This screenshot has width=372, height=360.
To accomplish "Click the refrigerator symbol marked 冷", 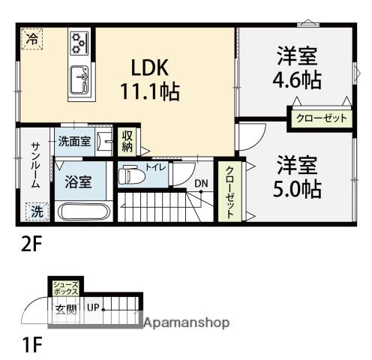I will click(31, 38).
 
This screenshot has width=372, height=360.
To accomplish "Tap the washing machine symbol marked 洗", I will click(35, 212).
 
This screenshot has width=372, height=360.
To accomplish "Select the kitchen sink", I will click(79, 76).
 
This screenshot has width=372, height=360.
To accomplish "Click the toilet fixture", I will click(132, 175).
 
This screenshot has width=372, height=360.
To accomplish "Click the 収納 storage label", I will click(127, 140).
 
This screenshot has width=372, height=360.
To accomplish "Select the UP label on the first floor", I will click(94, 307).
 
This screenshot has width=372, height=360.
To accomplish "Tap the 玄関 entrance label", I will click(65, 308).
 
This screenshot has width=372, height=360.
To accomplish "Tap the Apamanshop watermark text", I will click(187, 323).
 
